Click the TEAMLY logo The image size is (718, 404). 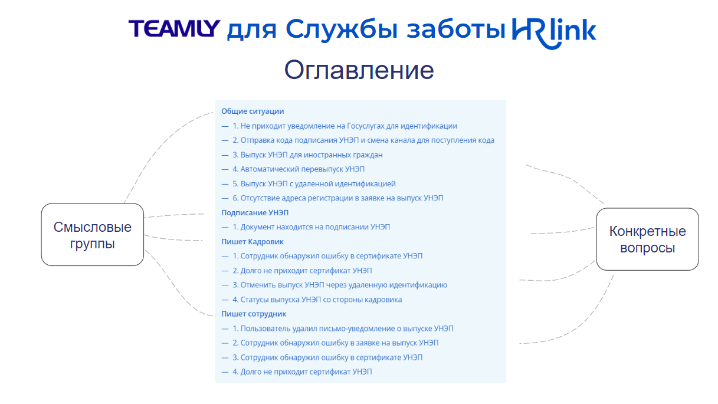pos(174,29)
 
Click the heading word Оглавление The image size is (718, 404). pos(359,70)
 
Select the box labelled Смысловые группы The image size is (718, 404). pos(93,235)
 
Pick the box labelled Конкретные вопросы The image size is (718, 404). pos(647,239)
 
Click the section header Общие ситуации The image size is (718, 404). pos(253,111)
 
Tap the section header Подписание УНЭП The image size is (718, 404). pos(255,212)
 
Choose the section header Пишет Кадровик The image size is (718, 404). pos(253,241)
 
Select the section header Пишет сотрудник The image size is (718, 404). pos(254,314)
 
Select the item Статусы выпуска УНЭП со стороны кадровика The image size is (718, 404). pos(317,300)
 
